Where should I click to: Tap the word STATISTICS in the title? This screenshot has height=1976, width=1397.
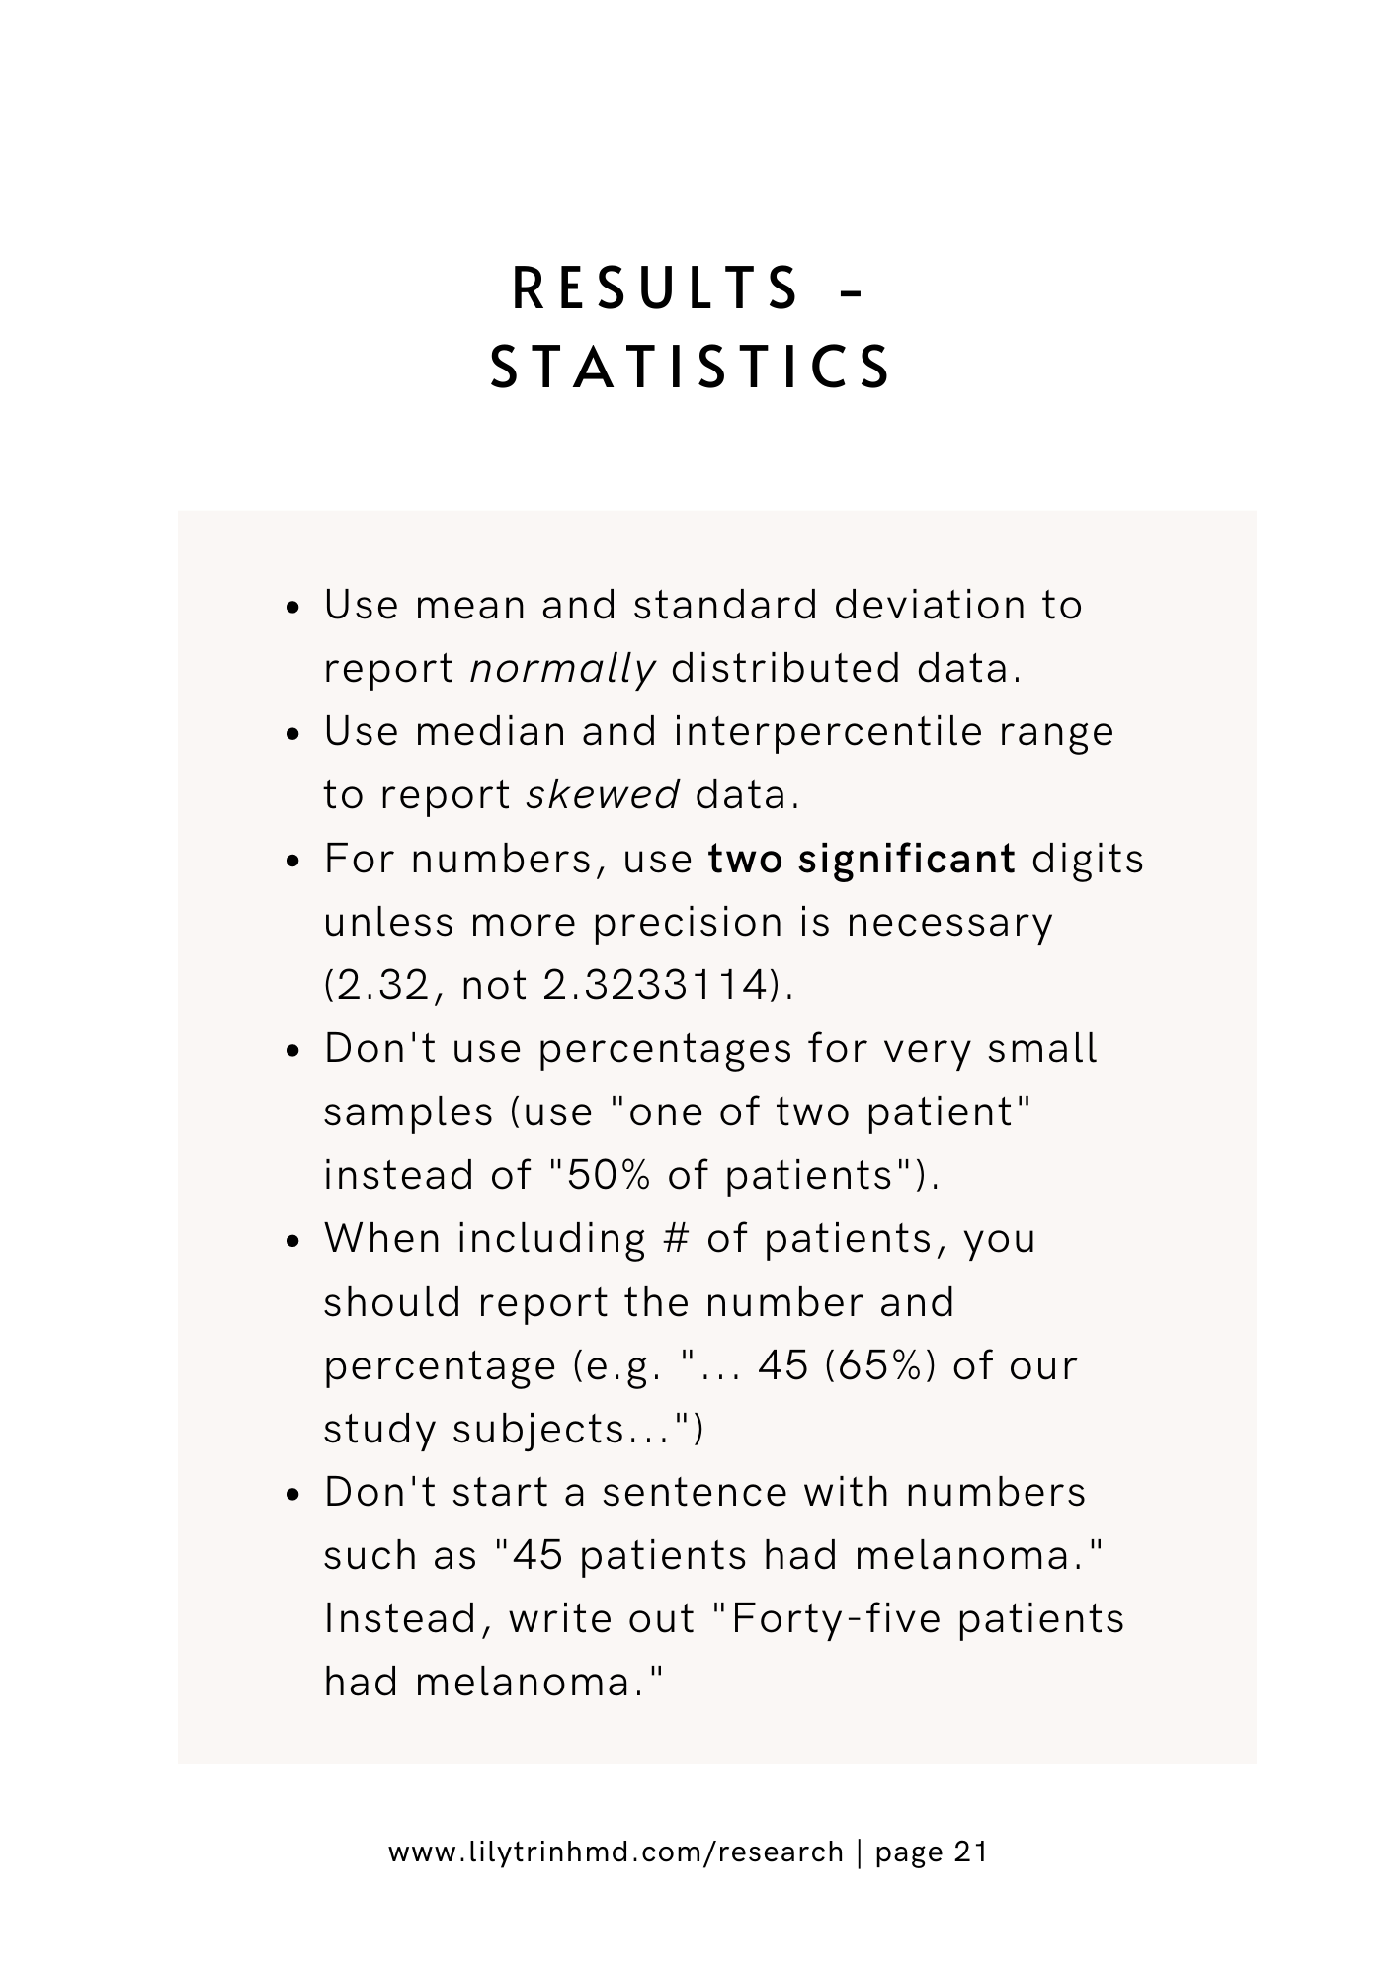[693, 367]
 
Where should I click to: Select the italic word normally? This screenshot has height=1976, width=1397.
[562, 669]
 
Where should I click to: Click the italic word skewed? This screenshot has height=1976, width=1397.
[603, 794]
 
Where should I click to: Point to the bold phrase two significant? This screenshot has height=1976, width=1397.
[862, 859]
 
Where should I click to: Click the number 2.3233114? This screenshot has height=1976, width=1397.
[656, 985]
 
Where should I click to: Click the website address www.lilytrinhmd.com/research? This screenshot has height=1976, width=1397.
[616, 1852]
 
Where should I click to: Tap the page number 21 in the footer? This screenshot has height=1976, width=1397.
[971, 1852]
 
